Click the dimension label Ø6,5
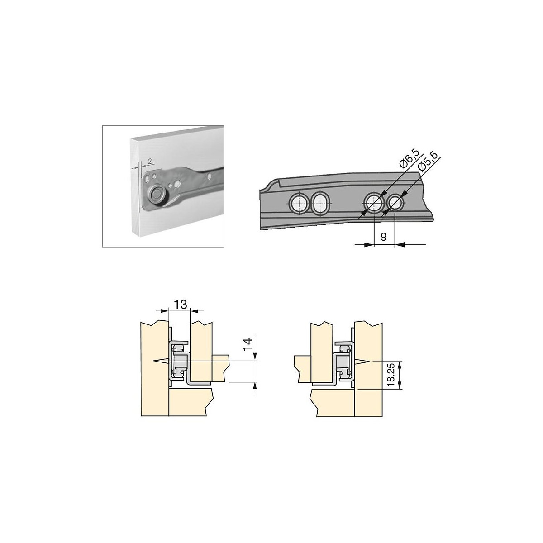pyautogui.click(x=410, y=159)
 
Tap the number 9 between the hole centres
pyautogui.click(x=384, y=237)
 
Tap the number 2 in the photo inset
pyautogui.click(x=150, y=161)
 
